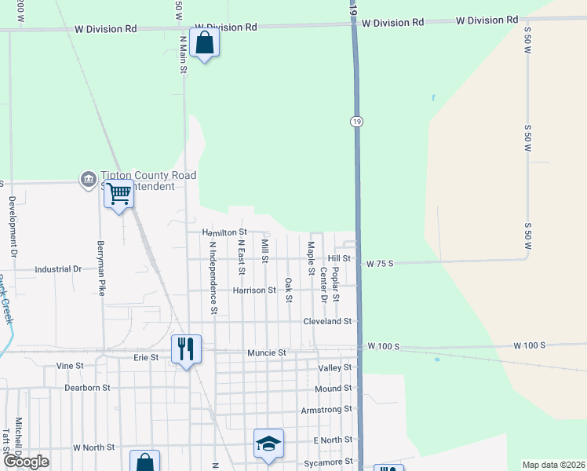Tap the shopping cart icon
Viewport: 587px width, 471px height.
[118, 192]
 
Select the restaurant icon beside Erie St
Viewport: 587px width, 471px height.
[186, 348]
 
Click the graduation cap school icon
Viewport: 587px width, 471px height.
[268, 444]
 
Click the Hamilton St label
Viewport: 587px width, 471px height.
[224, 232]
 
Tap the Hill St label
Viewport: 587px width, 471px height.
[339, 257]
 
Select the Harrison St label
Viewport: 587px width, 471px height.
[254, 290]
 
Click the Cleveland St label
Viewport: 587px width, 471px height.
[327, 321]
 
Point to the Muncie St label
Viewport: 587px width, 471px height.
[267, 352]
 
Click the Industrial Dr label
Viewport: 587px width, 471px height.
[58, 268]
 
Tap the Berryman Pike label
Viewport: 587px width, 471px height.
[101, 268]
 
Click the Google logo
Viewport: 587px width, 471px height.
[25, 462]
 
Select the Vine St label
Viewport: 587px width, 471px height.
[70, 366]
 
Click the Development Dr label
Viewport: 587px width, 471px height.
[13, 228]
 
